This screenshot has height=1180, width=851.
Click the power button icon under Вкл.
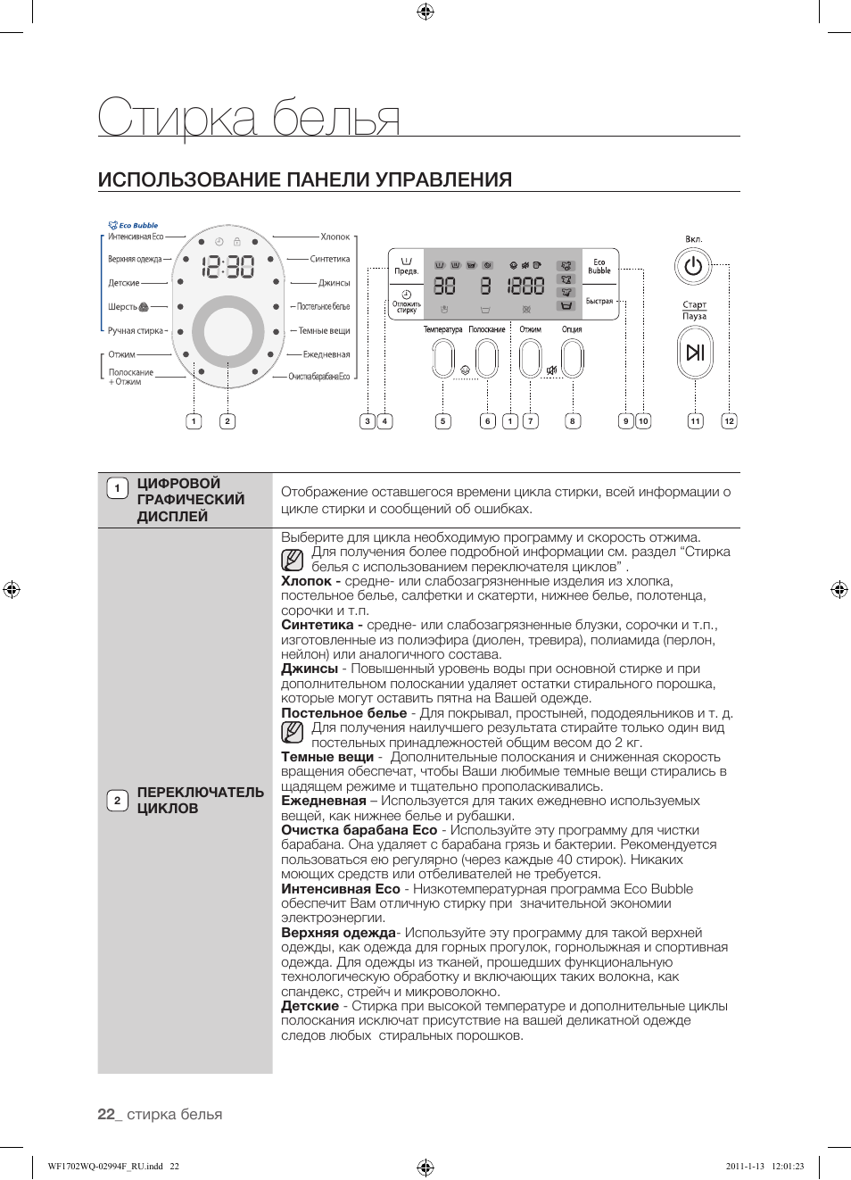[x=693, y=266]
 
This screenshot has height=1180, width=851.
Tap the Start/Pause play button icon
[x=695, y=352]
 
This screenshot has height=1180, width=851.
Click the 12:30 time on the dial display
[x=227, y=266]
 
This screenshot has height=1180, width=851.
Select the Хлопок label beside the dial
[x=335, y=237]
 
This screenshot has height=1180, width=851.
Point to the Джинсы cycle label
[x=334, y=283]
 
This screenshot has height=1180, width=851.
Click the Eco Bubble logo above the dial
[x=133, y=225]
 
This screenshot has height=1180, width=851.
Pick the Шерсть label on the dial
[x=123, y=307]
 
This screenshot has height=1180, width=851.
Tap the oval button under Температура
[x=443, y=359]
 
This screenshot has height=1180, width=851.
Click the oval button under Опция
[x=572, y=359]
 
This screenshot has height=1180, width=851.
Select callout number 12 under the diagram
[x=729, y=421]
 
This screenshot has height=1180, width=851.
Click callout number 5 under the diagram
[x=443, y=421]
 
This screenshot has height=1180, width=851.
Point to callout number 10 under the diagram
[x=643, y=421]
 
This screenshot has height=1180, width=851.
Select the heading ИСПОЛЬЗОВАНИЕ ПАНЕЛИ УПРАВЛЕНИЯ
[x=305, y=179]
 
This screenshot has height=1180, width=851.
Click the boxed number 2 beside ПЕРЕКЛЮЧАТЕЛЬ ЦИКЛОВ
[x=117, y=801]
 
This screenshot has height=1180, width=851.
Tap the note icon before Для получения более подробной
[x=292, y=560]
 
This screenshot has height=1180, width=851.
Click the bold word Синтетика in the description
[x=317, y=625]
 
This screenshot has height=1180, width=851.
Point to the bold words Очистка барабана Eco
[x=359, y=830]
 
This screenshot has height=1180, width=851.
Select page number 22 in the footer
[x=106, y=1114]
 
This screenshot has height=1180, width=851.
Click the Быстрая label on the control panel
[x=599, y=302]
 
